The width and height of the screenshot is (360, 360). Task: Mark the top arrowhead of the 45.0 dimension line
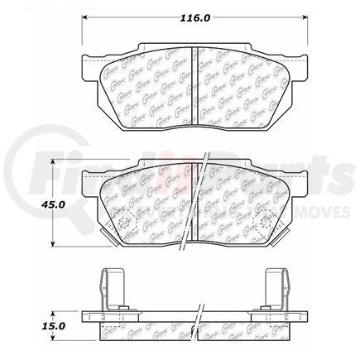(55, 162)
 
